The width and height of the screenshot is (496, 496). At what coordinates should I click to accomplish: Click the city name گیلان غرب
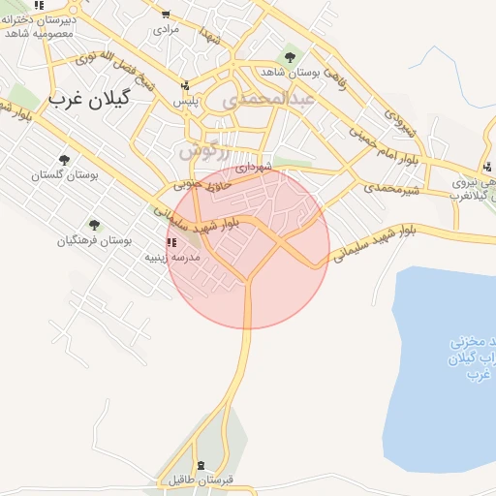[x=93, y=100]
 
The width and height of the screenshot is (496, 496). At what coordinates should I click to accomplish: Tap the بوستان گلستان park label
[x=66, y=175]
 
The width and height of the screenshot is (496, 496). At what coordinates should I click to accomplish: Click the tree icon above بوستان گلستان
[x=65, y=159]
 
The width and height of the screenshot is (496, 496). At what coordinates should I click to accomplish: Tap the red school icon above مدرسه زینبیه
[x=170, y=242]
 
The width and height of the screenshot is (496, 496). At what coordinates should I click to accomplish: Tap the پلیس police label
[x=186, y=101]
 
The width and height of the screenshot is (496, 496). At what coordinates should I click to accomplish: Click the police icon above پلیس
[x=186, y=84]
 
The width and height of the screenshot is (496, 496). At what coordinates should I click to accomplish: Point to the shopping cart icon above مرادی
[x=169, y=14]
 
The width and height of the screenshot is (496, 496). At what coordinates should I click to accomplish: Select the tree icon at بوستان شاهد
[x=291, y=54]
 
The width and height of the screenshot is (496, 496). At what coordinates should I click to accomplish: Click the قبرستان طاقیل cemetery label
[x=199, y=480]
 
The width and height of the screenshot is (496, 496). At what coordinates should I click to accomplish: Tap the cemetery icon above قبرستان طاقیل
[x=200, y=465]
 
